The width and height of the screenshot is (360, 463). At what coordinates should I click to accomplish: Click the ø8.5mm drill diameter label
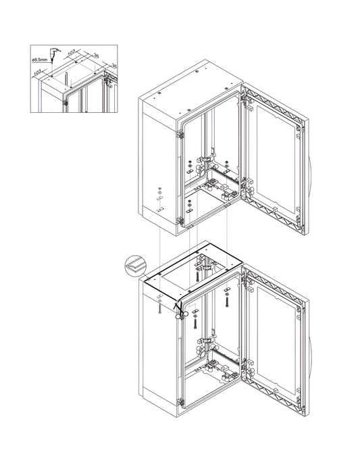[40, 60]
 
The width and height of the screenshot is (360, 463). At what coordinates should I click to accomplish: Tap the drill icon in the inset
[54, 53]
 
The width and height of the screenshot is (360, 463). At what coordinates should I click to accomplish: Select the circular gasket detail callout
[136, 266]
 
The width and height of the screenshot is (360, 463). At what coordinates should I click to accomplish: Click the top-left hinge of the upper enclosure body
[180, 135]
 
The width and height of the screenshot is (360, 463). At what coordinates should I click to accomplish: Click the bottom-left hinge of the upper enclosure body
[180, 220]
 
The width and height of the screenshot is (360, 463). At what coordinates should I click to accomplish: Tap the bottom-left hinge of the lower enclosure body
[180, 401]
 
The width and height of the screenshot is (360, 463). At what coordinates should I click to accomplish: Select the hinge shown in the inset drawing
[66, 103]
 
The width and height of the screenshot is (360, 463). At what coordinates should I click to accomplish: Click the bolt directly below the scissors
[195, 322]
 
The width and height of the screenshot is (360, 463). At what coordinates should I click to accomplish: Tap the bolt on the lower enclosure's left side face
[159, 308]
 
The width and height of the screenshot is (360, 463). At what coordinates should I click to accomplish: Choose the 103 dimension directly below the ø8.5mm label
[38, 72]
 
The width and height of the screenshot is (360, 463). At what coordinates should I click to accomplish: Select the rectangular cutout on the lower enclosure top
[195, 272]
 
